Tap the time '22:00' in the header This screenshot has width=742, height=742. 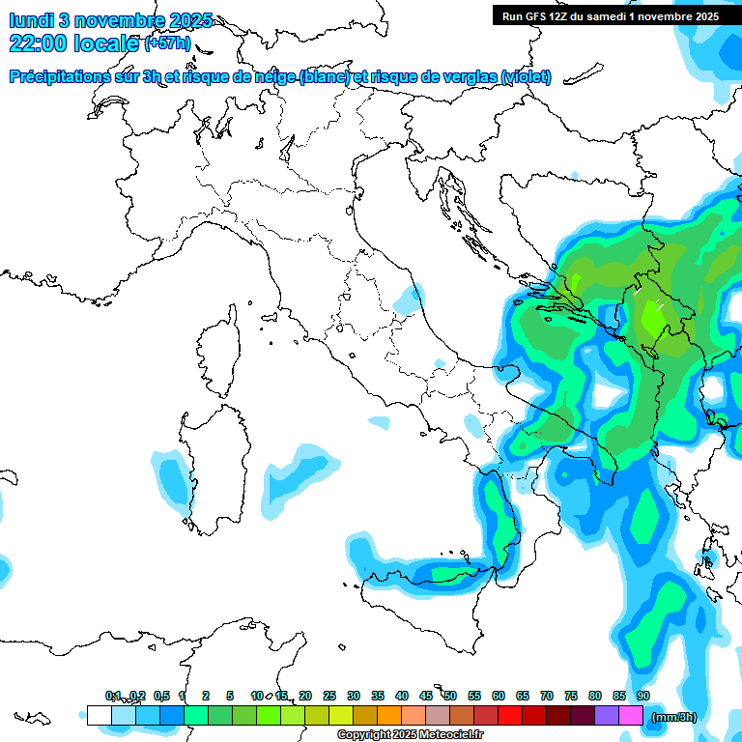pyautogui.click(x=40, y=43)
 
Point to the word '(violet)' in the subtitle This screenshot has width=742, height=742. pyautogui.click(x=527, y=76)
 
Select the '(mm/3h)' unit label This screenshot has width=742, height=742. pyautogui.click(x=674, y=717)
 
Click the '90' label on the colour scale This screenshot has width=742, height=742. pyautogui.click(x=642, y=696)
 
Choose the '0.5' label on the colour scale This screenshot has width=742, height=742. pyautogui.click(x=160, y=696)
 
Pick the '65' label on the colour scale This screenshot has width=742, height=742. pyautogui.click(x=523, y=696)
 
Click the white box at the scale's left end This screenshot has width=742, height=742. pyautogui.click(x=99, y=715)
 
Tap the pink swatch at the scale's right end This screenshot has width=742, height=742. pyautogui.click(x=631, y=715)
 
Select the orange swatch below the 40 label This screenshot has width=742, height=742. pyautogui.click(x=389, y=715)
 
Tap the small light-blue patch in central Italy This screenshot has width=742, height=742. pyautogui.click(x=408, y=300)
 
